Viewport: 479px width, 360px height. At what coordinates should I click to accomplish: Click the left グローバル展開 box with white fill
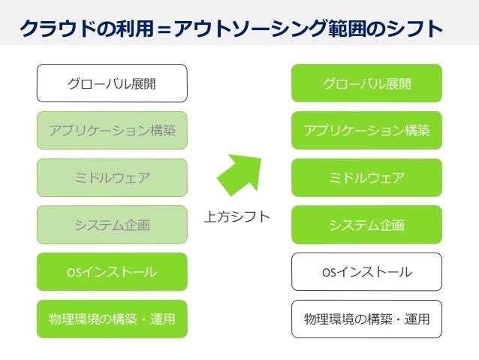pyautogui.click(x=112, y=83)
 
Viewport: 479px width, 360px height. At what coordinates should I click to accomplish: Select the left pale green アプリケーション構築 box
pyautogui.click(x=112, y=131)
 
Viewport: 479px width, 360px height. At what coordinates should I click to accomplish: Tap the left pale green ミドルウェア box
pyautogui.click(x=112, y=178)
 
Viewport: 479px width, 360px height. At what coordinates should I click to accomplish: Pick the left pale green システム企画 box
pyautogui.click(x=112, y=225)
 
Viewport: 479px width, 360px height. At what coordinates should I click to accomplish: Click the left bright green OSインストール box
pyautogui.click(x=112, y=272)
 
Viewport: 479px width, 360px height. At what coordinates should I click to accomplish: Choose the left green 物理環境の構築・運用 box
pyautogui.click(x=112, y=319)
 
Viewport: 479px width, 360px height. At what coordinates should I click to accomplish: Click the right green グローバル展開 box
pyautogui.click(x=366, y=83)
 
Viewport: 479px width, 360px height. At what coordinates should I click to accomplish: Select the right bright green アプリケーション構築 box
pyautogui.click(x=366, y=131)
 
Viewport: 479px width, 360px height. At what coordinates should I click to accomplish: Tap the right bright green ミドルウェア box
pyautogui.click(x=366, y=178)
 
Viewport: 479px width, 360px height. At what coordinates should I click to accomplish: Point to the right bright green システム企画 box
pyautogui.click(x=366, y=225)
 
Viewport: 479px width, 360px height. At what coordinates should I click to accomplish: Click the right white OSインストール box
pyautogui.click(x=366, y=272)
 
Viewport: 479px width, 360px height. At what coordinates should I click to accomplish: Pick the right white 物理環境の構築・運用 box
pyautogui.click(x=366, y=319)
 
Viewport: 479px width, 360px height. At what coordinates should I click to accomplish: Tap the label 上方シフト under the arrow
pyautogui.click(x=237, y=217)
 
